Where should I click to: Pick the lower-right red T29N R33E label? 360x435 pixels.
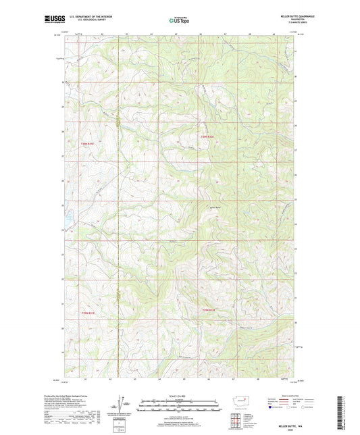click(x=208, y=310)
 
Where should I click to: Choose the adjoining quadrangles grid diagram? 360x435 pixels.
click(x=236, y=421)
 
